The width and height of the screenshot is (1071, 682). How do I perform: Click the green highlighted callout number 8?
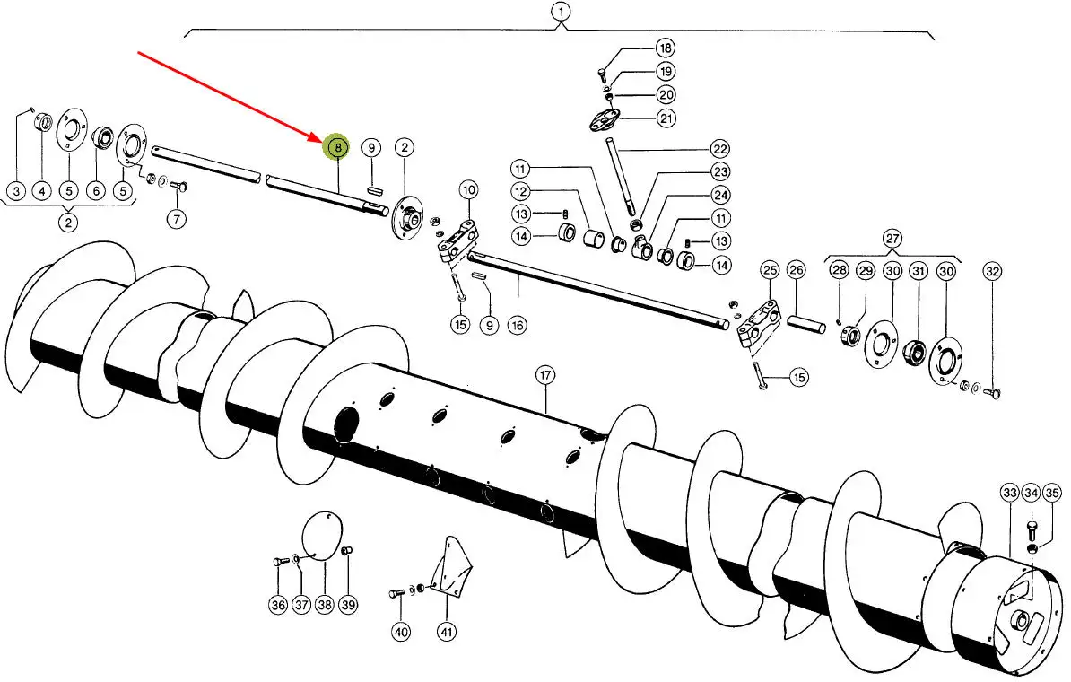coord(337,147)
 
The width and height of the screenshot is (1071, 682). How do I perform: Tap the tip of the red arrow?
coord(318,139)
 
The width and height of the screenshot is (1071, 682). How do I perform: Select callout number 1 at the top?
coord(561,13)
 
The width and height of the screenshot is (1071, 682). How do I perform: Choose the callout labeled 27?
coord(892,239)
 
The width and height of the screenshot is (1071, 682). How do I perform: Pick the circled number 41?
coord(447,632)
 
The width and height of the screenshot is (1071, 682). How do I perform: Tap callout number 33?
coord(1009,493)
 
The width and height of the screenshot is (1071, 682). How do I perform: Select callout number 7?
coord(177,218)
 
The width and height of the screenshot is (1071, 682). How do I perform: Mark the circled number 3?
coord(16,191)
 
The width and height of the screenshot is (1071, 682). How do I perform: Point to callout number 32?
coord(992,271)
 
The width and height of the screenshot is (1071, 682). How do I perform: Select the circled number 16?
coord(517,326)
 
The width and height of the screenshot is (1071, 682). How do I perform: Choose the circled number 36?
coord(278,606)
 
